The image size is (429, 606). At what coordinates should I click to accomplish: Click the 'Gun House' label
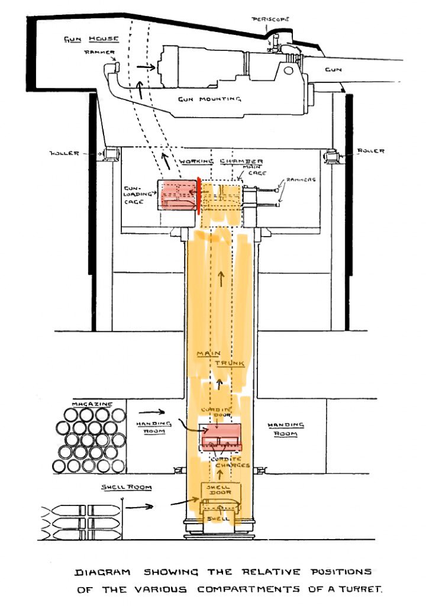(91, 39)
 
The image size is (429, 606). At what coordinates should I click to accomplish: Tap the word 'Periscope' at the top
(270, 19)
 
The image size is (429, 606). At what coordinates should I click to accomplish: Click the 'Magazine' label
(92, 404)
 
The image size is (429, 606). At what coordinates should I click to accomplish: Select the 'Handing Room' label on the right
(285, 430)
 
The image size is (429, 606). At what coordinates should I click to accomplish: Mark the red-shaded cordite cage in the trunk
(221, 434)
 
